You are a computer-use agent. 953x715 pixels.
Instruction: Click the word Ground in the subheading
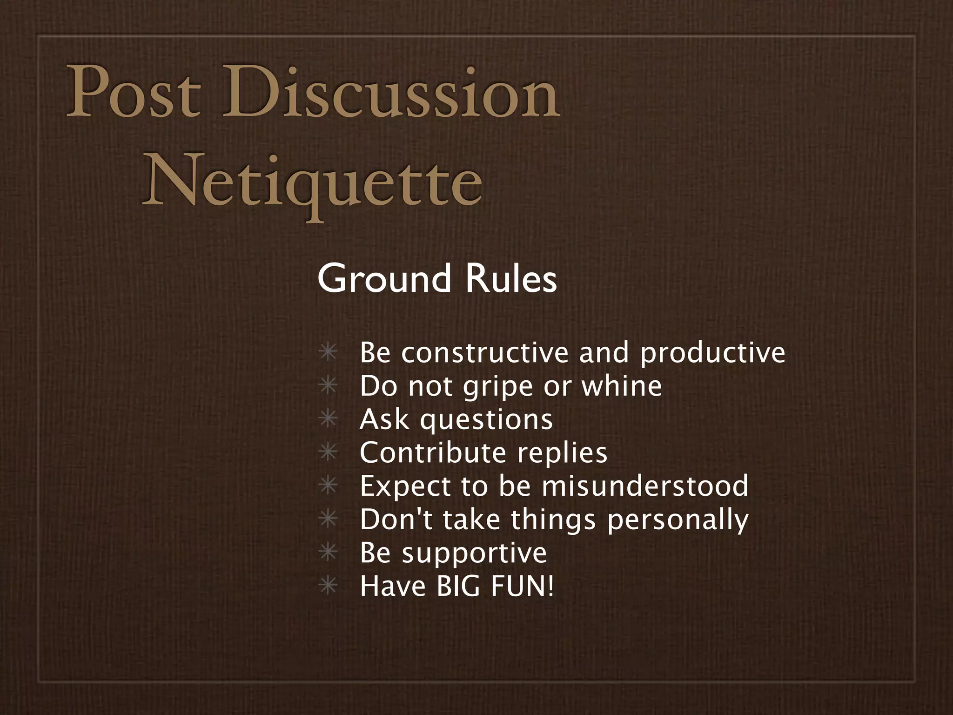pyautogui.click(x=384, y=279)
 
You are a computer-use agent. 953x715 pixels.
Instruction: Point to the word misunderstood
pyautogui.click(x=645, y=486)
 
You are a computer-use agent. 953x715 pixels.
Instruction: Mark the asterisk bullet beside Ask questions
pyautogui.click(x=328, y=418)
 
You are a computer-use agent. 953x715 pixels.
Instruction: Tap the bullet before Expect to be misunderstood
pyautogui.click(x=328, y=486)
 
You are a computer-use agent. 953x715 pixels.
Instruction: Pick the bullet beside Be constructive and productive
pyautogui.click(x=328, y=352)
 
